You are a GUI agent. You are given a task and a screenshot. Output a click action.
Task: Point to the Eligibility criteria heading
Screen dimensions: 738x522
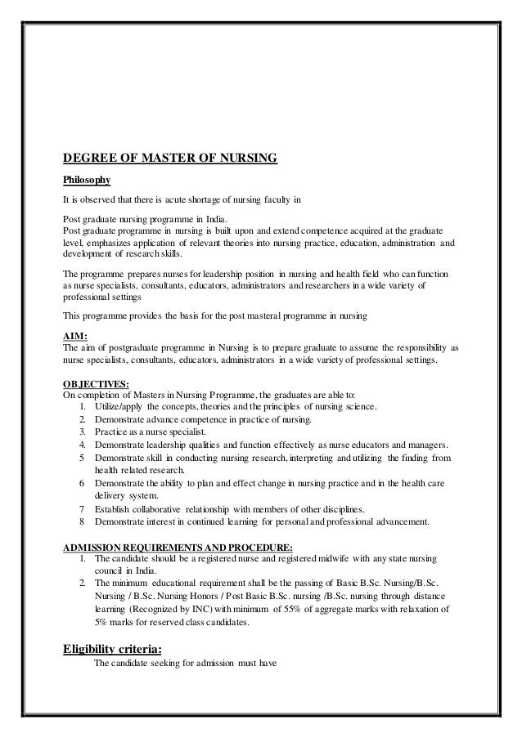119,650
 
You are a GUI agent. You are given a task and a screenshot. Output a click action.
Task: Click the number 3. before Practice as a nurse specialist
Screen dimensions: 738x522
83,432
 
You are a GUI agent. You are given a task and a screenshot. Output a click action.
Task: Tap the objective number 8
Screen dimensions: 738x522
83,521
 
